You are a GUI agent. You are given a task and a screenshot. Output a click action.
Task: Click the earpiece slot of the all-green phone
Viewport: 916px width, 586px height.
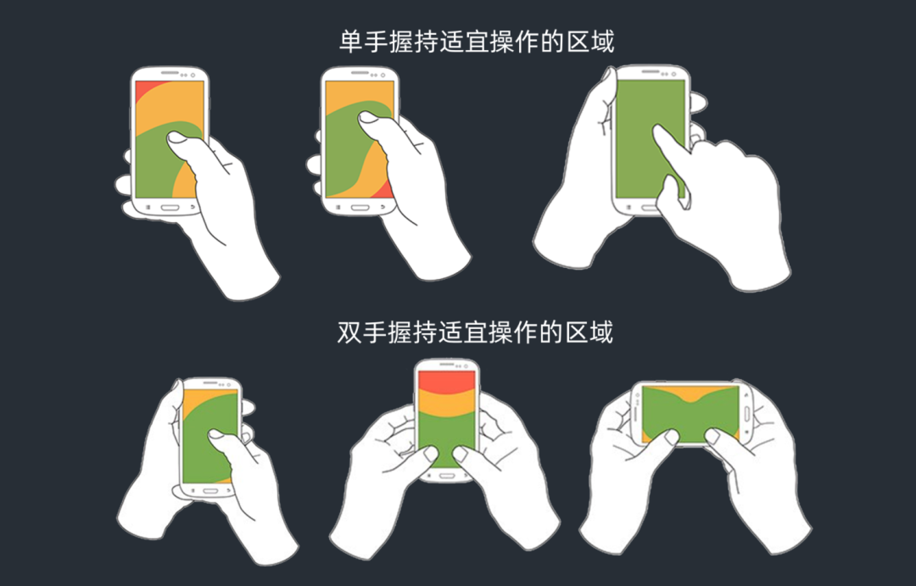651,72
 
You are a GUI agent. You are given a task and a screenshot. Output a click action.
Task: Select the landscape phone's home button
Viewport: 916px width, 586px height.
747,413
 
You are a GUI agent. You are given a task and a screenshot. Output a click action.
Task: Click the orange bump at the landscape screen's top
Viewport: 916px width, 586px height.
691,392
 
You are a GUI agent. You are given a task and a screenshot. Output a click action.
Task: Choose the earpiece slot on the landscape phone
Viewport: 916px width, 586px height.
634,413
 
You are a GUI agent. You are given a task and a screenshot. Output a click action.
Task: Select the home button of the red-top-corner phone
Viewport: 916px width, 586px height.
170,206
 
